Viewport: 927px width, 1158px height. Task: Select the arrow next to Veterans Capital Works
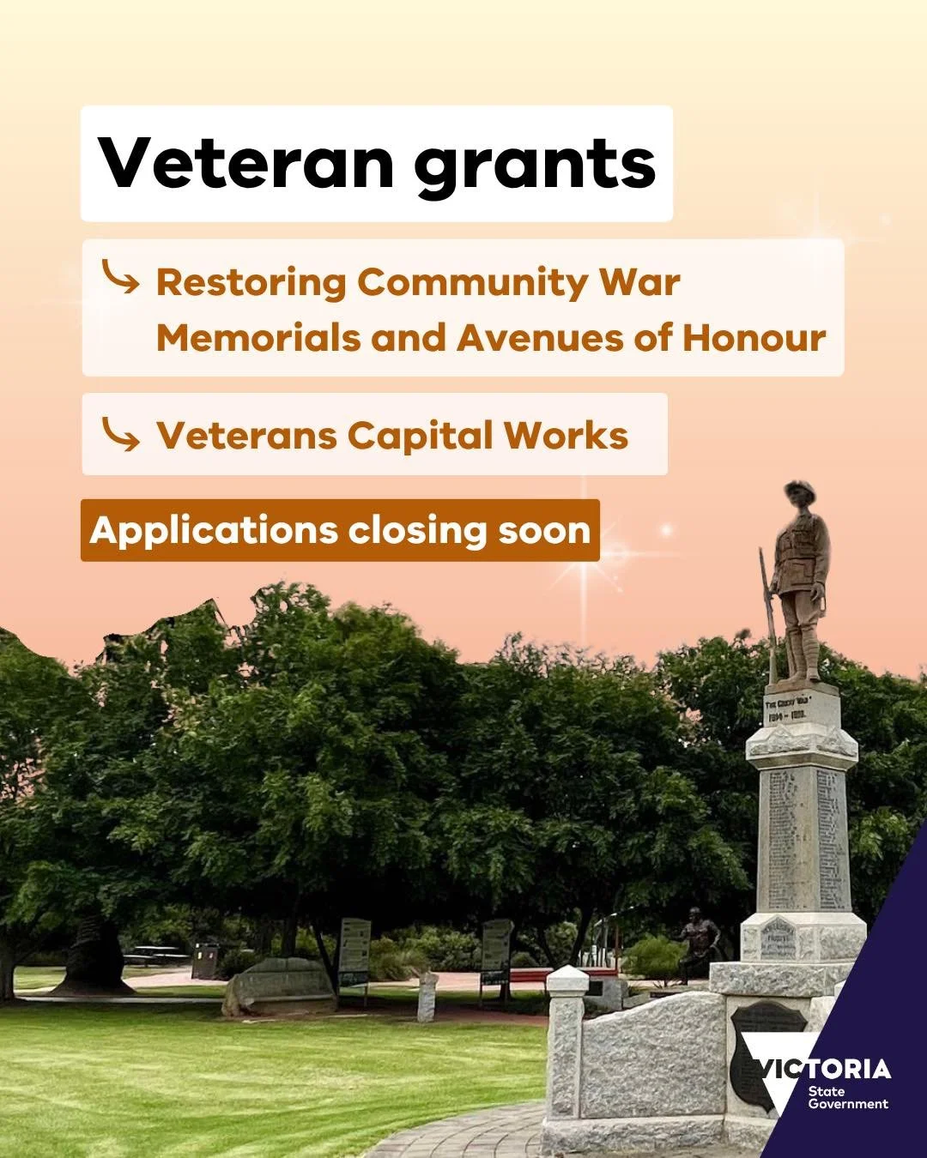(x=119, y=434)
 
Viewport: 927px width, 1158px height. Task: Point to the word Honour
(x=754, y=338)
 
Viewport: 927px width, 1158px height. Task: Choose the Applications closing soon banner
(x=340, y=530)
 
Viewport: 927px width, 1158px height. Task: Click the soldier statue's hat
(x=798, y=492)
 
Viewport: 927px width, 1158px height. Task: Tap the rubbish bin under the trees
(x=204, y=961)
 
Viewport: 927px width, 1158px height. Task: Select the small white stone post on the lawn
(x=427, y=998)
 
